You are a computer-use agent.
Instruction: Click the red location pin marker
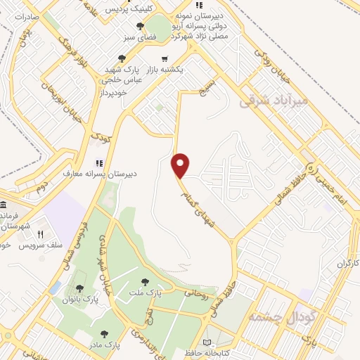coord(181,165)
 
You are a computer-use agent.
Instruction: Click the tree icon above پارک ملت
coord(145,282)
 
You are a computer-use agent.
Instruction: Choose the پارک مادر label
coord(107,345)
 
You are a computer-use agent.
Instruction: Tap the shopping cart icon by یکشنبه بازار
coord(165,59)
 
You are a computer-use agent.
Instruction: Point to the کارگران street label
coord(346,263)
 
